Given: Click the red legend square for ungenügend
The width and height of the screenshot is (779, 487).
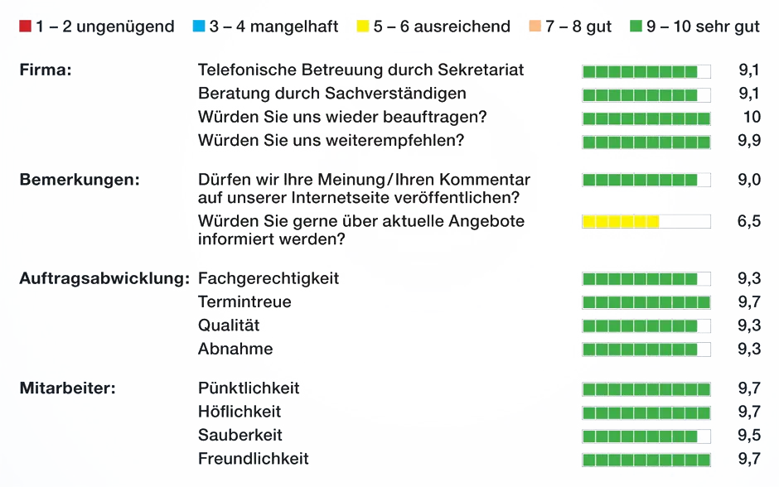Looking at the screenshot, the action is [26, 27].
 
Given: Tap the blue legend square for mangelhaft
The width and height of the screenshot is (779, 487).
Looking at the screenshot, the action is [199, 27].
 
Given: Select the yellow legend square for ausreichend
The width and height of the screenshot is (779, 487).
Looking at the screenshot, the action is [363, 27].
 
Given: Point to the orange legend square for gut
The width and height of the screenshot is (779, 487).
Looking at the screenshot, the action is [535, 27].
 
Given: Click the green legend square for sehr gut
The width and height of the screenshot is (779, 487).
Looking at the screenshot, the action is [636, 27].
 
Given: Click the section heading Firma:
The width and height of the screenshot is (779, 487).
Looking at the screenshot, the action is [46, 70].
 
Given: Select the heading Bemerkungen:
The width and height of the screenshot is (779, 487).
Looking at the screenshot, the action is [80, 180].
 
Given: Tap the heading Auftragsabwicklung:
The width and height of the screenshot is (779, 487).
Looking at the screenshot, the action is [104, 278].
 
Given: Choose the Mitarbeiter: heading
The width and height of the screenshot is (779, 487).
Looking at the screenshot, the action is [68, 388].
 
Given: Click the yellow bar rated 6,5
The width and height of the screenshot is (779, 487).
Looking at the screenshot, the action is [621, 221].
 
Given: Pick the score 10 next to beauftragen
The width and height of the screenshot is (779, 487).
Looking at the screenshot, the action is [752, 117].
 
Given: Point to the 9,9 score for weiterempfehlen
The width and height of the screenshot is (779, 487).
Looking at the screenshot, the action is [749, 141].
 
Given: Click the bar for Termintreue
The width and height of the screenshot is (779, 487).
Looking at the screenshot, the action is [646, 302].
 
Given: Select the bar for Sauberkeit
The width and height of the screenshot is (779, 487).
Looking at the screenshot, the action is [640, 436].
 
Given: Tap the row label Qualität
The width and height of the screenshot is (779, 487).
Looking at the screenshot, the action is [229, 325].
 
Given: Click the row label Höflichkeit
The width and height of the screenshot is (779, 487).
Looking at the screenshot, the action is [240, 412].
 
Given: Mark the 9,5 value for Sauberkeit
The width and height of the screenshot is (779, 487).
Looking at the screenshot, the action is [749, 436].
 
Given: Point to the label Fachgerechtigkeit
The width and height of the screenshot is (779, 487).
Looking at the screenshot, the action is [269, 278].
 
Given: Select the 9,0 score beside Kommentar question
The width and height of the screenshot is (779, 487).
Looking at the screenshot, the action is [749, 180].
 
